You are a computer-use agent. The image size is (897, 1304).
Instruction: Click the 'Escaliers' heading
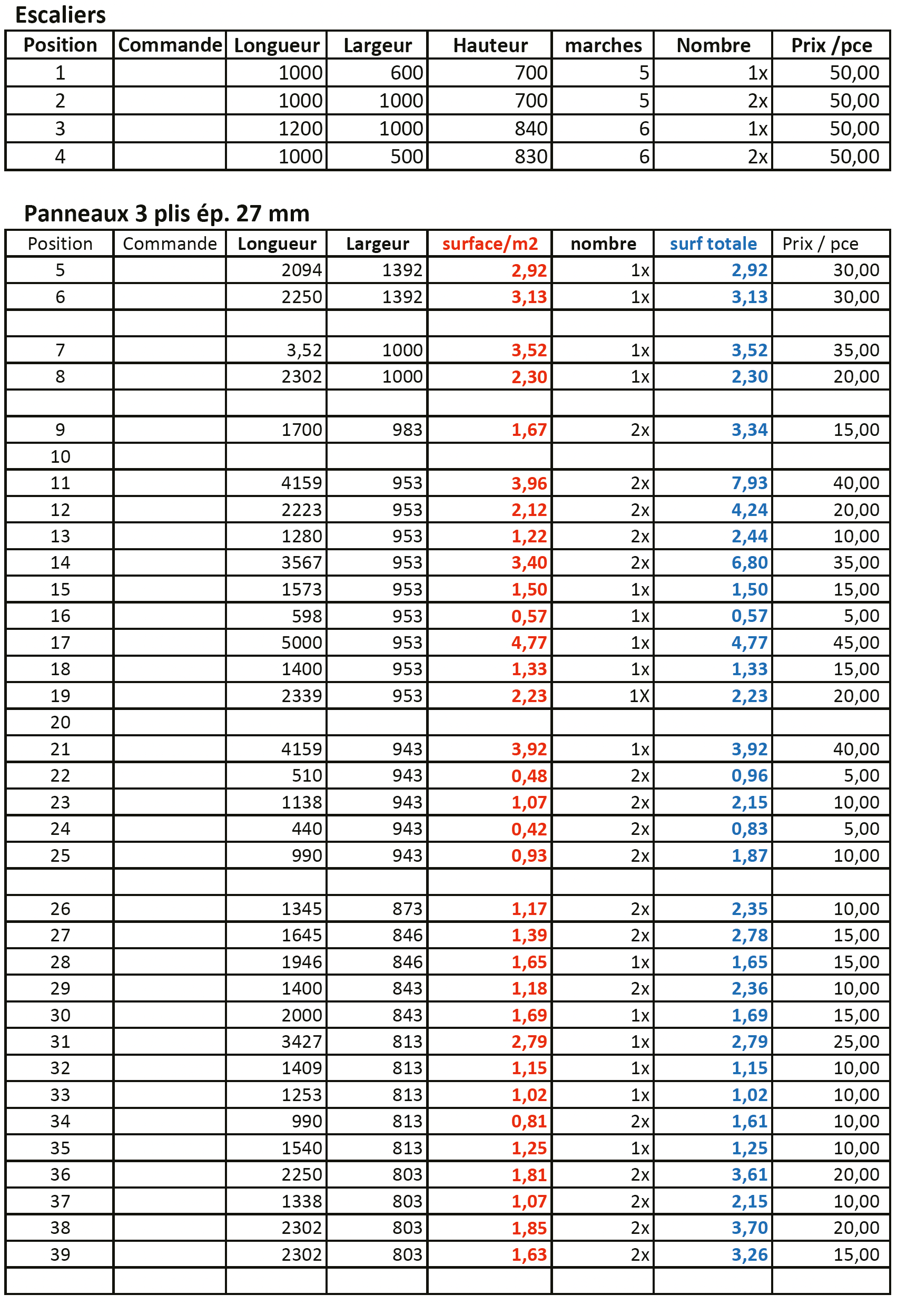pyautogui.click(x=60, y=15)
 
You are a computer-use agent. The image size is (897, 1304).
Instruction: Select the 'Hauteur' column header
pyautogui.click(x=490, y=45)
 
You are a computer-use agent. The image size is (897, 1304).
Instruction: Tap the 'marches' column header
pyautogui.click(x=603, y=45)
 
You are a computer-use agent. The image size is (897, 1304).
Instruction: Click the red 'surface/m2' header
pyautogui.click(x=489, y=244)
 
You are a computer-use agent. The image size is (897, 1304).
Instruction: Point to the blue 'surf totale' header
pyautogui.click(x=713, y=244)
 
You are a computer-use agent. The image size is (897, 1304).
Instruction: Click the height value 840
pyautogui.click(x=530, y=129)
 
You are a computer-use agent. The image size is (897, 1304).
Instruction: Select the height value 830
pyautogui.click(x=530, y=157)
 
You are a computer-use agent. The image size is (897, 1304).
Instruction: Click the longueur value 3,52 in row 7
pyautogui.click(x=303, y=351)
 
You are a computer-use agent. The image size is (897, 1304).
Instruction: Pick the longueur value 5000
pyautogui.click(x=301, y=643)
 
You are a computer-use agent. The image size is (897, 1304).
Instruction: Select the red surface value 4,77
pyautogui.click(x=528, y=643)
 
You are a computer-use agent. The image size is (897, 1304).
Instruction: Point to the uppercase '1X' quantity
pyautogui.click(x=639, y=696)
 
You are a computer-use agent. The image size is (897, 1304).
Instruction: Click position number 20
pyautogui.click(x=60, y=723)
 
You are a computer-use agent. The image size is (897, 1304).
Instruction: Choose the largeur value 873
pyautogui.click(x=407, y=909)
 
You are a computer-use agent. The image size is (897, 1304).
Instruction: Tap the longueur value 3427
pyautogui.click(x=301, y=1042)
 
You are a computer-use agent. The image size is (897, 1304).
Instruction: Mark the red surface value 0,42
pyautogui.click(x=528, y=830)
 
